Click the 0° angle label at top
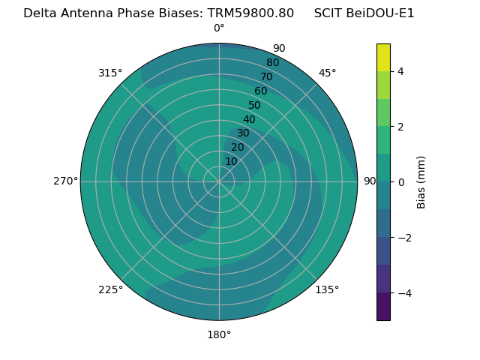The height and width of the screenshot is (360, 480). [219, 28]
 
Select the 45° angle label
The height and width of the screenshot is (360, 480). [328, 73]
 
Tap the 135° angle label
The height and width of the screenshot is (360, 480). [327, 289]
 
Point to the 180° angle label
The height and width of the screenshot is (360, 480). [219, 334]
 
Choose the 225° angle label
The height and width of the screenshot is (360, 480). [110, 289]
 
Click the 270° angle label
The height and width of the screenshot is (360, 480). [65, 181]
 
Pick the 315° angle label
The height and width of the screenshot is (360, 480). [110, 73]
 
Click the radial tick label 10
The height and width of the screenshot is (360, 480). [231, 161]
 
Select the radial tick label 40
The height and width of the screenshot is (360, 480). [249, 119]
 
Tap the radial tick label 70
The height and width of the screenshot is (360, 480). [266, 76]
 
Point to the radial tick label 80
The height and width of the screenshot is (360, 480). [272, 62]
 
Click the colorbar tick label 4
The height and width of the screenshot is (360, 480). [400, 71]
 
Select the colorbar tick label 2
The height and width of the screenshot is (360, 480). [400, 127]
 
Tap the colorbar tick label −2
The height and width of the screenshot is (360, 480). [403, 238]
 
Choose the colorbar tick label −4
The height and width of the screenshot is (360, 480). [403, 293]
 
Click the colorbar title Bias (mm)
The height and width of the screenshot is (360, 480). [421, 182]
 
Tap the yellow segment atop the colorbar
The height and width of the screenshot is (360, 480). [383, 57]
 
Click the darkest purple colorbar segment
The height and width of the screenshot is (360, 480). [383, 307]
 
